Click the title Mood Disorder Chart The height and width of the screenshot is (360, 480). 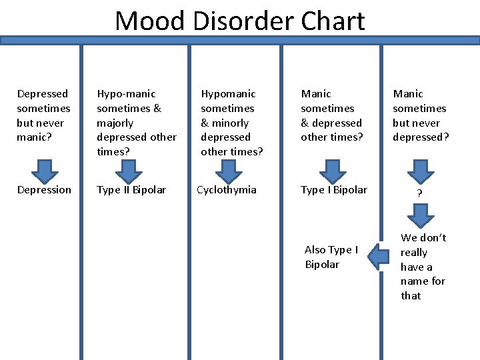click(240, 21)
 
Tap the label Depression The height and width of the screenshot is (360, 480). click(44, 190)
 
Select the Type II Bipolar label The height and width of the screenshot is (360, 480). click(131, 190)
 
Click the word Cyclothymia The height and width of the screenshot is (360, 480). click(227, 190)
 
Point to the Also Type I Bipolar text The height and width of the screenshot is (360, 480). click(331, 257)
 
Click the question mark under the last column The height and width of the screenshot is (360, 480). click(419, 193)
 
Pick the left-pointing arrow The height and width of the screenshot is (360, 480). click(380, 257)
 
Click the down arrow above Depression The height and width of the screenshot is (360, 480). click(43, 171)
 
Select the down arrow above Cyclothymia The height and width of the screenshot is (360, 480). click(229, 171)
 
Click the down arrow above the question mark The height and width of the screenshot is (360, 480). click(419, 171)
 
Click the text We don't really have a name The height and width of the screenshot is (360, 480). click(423, 267)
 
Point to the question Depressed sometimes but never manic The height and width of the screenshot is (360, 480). click(43, 115)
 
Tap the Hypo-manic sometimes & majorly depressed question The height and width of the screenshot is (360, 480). click(137, 123)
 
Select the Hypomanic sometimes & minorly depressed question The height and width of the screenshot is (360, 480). click(231, 123)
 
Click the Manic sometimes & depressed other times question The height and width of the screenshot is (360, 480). click(331, 115)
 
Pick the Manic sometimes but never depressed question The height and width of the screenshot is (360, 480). click(420, 115)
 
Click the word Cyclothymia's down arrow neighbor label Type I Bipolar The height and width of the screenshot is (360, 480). click(333, 190)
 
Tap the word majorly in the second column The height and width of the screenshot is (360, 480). click(115, 123)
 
